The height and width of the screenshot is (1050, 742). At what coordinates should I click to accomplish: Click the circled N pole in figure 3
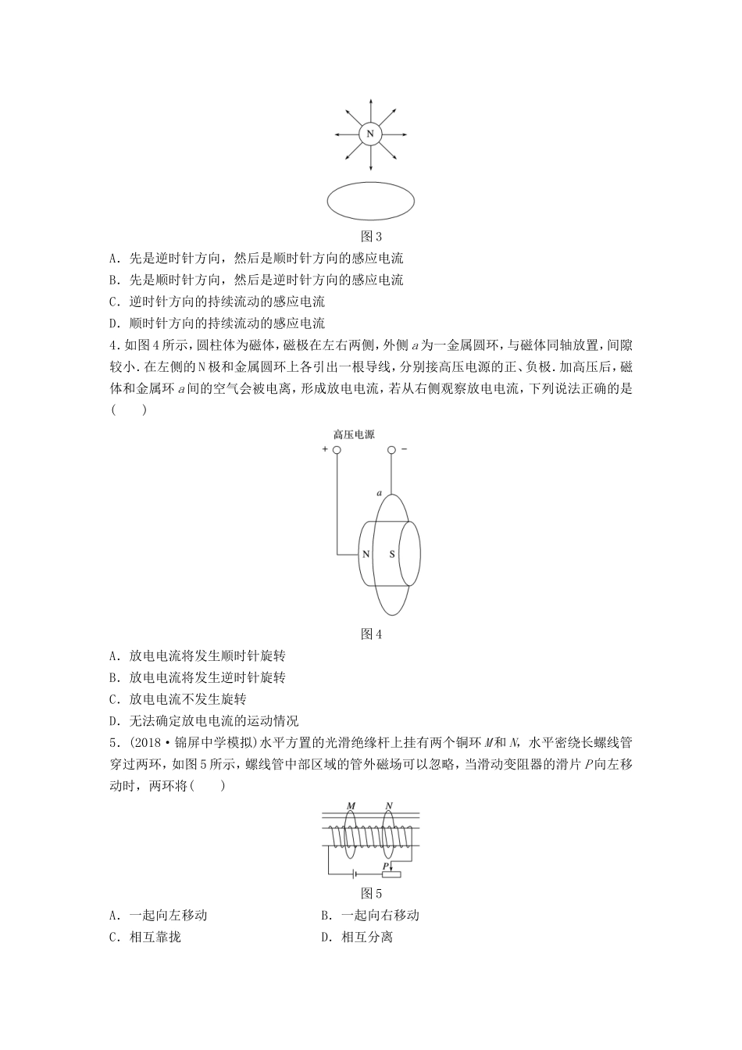pos(370,134)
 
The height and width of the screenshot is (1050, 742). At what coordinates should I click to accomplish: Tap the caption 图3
pos(370,237)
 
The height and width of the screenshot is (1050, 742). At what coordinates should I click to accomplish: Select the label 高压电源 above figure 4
pos(354,434)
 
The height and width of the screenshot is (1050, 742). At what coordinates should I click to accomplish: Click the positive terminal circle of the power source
pos(337,450)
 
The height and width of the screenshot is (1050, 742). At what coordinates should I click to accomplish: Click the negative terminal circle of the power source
pos(392,450)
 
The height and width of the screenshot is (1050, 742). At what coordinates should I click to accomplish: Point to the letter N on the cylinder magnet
pos(366,555)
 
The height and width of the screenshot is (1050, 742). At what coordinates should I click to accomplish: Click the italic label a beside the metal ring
pos(379,494)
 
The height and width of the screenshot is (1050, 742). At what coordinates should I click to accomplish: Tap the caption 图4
pos(370,634)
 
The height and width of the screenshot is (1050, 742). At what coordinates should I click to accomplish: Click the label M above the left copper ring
pos(351,806)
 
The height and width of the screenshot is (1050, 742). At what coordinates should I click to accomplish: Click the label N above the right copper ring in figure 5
pos(388,806)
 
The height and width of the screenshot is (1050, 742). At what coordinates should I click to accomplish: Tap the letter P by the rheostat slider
pos(386,866)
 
